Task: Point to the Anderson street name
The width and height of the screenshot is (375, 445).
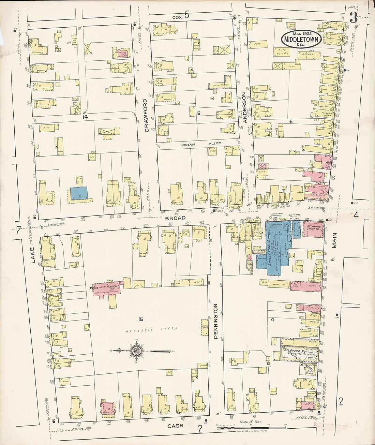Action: click(x=244, y=107)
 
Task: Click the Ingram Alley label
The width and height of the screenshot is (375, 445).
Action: click(x=199, y=145)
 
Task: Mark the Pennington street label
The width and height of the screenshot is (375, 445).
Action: click(x=215, y=322)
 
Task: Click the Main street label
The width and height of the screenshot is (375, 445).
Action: click(x=334, y=241)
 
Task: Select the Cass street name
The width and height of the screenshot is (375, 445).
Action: click(x=175, y=426)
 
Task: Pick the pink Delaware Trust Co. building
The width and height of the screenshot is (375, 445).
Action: click(x=313, y=235)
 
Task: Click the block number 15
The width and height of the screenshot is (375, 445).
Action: click(x=140, y=319)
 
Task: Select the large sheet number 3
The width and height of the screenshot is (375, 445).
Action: click(x=354, y=17)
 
